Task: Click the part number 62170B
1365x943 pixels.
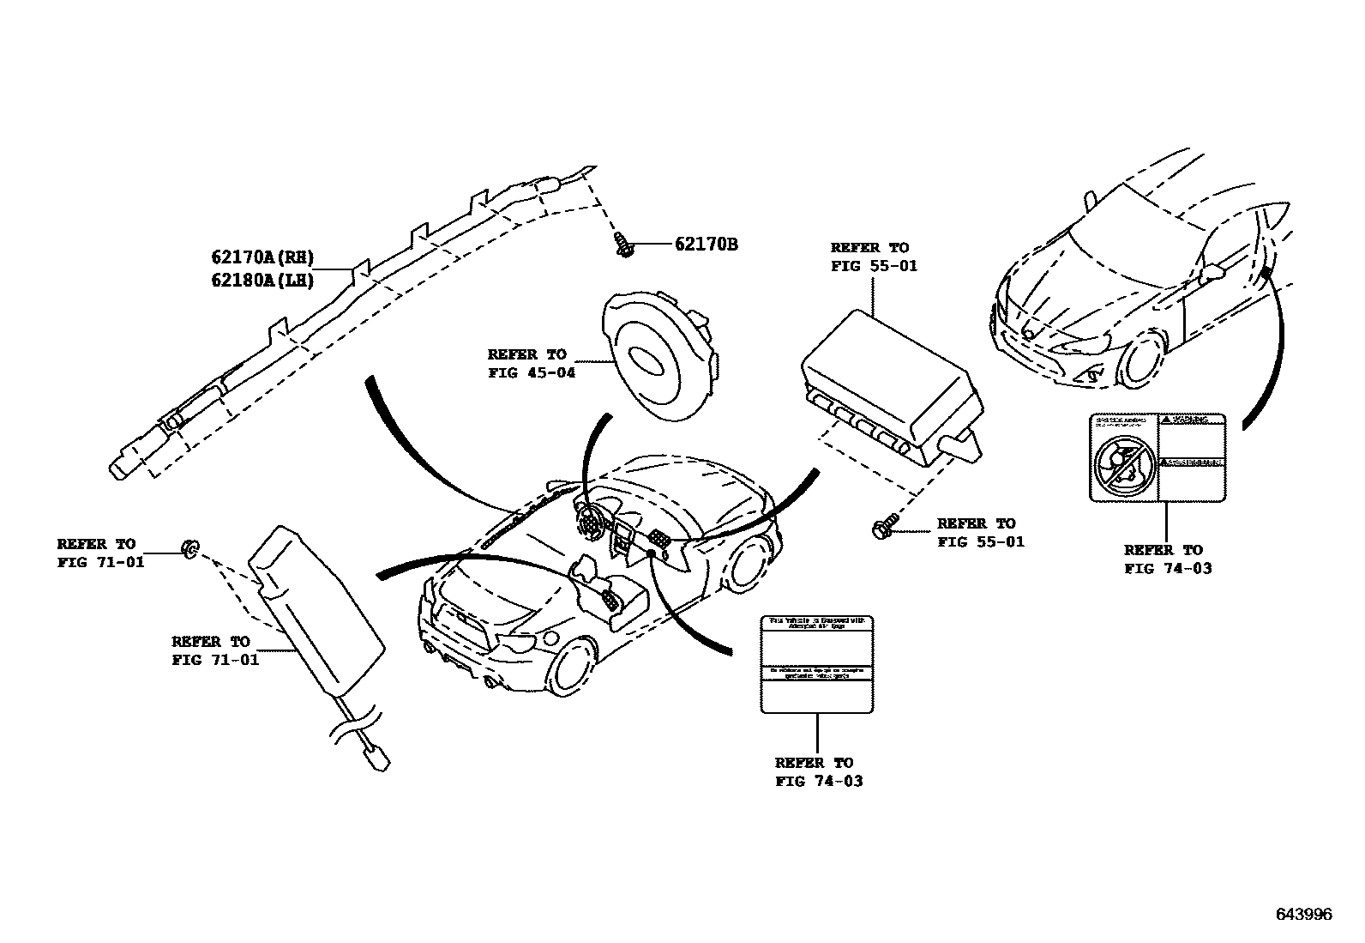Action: (706, 245)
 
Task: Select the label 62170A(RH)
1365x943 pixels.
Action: (262, 257)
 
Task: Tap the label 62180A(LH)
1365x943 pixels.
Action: (262, 280)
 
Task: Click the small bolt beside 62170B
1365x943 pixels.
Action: (623, 245)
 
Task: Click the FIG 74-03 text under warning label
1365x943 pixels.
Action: (1168, 568)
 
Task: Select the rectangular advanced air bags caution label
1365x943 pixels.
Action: (817, 663)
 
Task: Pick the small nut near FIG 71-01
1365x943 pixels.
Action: (190, 547)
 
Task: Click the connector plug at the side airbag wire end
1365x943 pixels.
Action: (375, 759)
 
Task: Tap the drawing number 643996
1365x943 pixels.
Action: (1303, 915)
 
